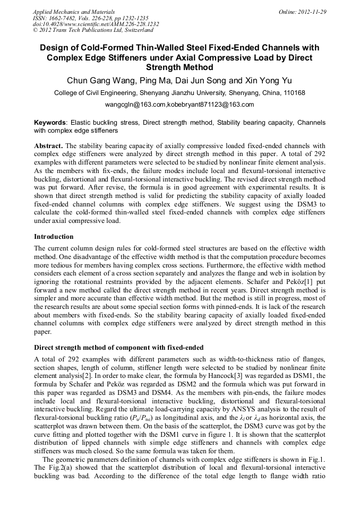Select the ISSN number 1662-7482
click(63, 18)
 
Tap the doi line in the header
click(96, 24)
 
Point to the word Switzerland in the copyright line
click(136, 30)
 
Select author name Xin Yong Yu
click(267, 81)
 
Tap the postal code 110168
click(294, 93)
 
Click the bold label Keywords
click(50, 122)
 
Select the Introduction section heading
click(54, 237)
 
